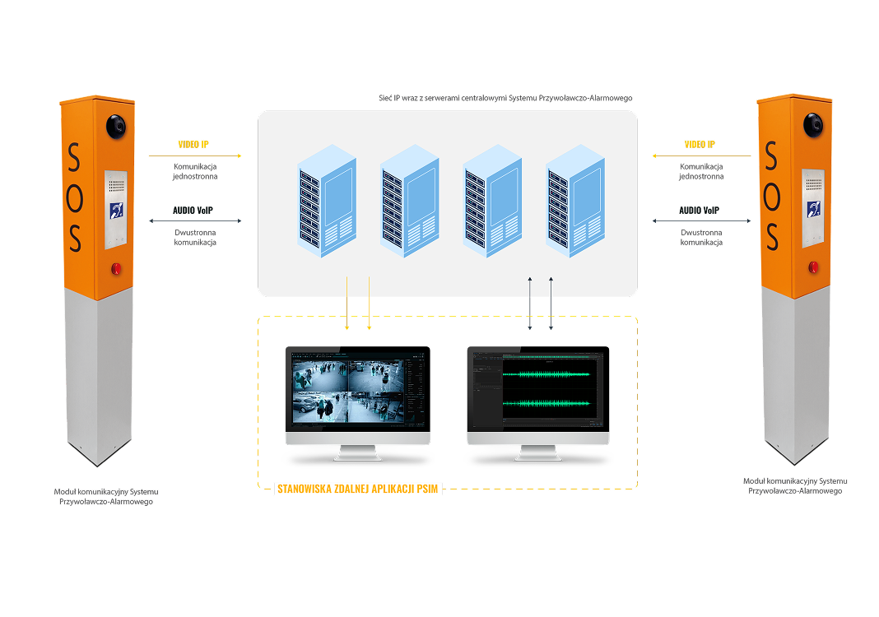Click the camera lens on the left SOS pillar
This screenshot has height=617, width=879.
(116, 126)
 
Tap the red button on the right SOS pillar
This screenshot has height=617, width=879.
(814, 266)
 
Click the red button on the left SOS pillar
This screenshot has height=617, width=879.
(116, 267)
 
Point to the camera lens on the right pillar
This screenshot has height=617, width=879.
(814, 125)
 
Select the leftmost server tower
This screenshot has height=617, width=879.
(327, 202)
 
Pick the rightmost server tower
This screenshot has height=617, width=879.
(576, 202)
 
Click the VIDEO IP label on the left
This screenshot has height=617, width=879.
(193, 145)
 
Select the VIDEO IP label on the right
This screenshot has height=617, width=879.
(700, 145)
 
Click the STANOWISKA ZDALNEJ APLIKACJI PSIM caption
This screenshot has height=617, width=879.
(359, 489)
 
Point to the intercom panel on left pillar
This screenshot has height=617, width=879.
(115, 209)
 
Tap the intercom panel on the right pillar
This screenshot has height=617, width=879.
(813, 208)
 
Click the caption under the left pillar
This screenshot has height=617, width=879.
(105, 496)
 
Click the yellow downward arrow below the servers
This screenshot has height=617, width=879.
(369, 304)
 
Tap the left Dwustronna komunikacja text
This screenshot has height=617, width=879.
(195, 238)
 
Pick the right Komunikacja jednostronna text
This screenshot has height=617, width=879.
(701, 171)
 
